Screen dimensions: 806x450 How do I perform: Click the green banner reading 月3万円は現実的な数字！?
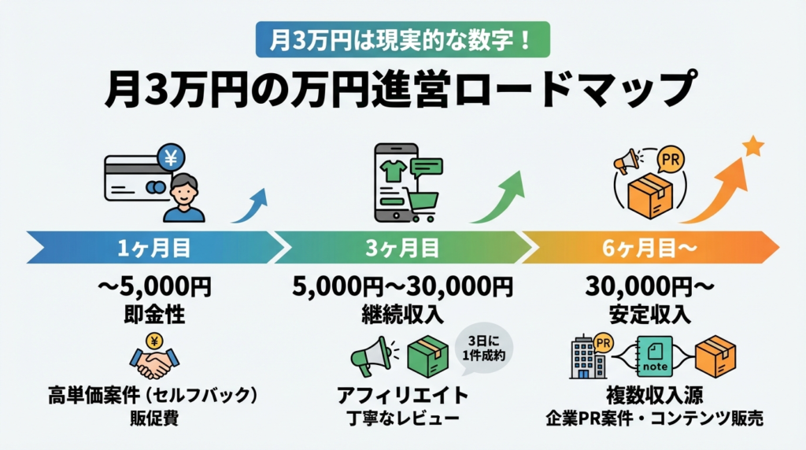[402, 39]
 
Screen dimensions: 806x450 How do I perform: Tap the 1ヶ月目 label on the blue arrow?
[154, 248]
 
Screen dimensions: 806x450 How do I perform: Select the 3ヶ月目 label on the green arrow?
[402, 248]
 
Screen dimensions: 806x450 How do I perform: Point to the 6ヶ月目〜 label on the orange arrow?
[649, 248]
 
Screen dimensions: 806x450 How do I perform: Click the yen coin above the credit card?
[171, 157]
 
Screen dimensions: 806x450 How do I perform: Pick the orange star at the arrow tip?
[753, 146]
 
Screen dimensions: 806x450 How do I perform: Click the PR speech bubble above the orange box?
[671, 160]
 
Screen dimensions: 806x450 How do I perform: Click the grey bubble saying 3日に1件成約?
[483, 348]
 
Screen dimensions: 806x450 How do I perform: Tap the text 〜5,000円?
[154, 286]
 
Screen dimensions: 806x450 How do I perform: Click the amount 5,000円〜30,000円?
[402, 286]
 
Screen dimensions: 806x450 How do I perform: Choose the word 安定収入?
[649, 315]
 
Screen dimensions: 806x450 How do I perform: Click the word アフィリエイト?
[402, 395]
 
